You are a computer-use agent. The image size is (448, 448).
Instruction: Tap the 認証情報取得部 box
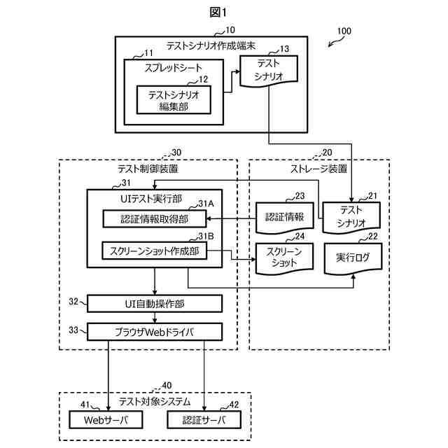(155, 219)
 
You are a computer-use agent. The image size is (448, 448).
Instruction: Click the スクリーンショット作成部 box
(155, 251)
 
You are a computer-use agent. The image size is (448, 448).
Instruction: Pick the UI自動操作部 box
(155, 303)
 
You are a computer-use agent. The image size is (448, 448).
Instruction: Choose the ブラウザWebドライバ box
(155, 330)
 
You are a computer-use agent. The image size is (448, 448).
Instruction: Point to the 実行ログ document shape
(353, 258)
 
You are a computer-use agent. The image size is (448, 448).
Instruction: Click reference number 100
(344, 31)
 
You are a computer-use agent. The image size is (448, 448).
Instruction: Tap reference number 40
(167, 385)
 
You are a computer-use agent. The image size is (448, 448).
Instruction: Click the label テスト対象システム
(154, 401)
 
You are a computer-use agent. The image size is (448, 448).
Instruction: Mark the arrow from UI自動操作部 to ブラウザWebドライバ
(155, 316)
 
